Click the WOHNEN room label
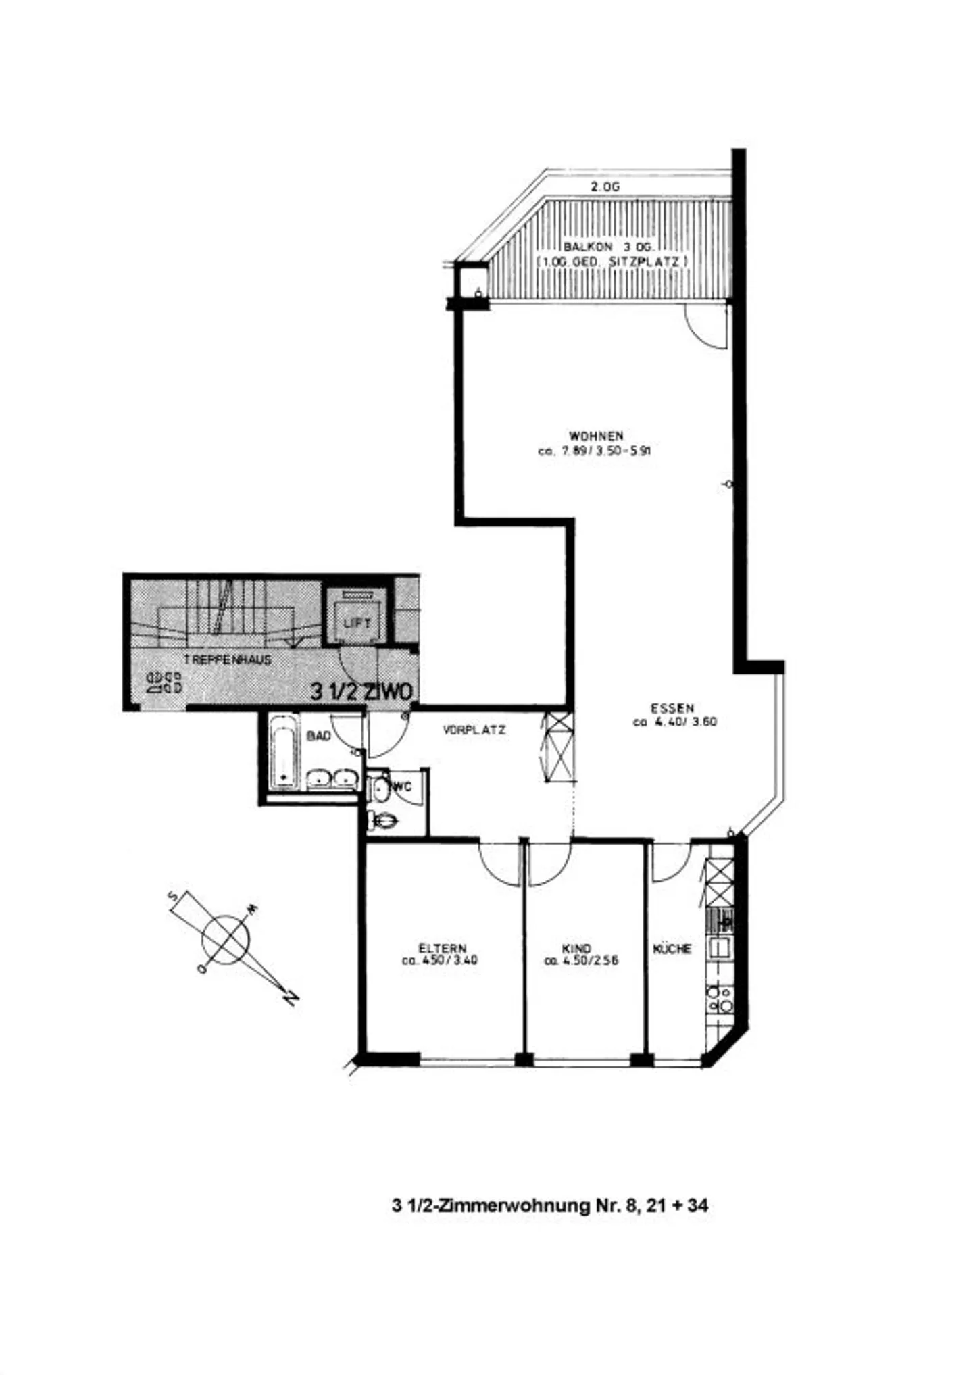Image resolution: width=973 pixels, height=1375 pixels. [x=595, y=436]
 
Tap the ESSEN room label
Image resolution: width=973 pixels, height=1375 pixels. [x=672, y=708]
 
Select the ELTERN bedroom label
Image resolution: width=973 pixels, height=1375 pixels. [x=442, y=949]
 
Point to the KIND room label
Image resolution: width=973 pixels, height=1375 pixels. [x=576, y=949]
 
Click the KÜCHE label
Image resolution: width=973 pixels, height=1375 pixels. [x=672, y=949]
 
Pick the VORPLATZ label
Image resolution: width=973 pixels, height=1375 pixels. [x=474, y=730]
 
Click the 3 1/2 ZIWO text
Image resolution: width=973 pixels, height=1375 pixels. [x=361, y=691]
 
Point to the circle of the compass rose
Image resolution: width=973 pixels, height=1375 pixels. [x=226, y=940]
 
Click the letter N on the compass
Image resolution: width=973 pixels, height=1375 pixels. [x=291, y=997]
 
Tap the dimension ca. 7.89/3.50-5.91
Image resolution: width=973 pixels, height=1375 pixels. [x=594, y=452]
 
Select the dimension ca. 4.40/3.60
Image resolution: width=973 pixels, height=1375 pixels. [x=674, y=722]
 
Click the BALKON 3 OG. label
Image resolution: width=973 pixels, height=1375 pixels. [x=605, y=247]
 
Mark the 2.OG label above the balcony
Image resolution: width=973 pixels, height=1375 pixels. [x=605, y=187]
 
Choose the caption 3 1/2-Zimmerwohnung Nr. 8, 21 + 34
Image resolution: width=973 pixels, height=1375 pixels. [x=549, y=1205]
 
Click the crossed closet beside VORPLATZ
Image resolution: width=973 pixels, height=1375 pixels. [x=559, y=747]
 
